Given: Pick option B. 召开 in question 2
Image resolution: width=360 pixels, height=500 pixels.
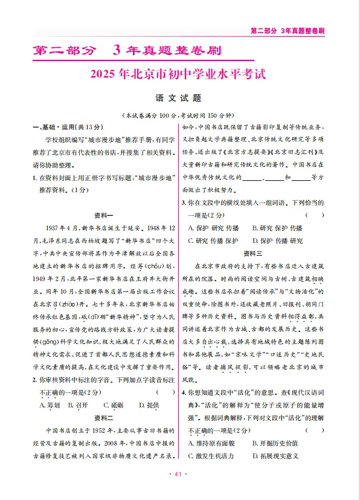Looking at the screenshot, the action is point(79,404).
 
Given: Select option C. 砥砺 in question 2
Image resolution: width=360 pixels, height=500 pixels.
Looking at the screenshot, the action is point(109,404).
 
